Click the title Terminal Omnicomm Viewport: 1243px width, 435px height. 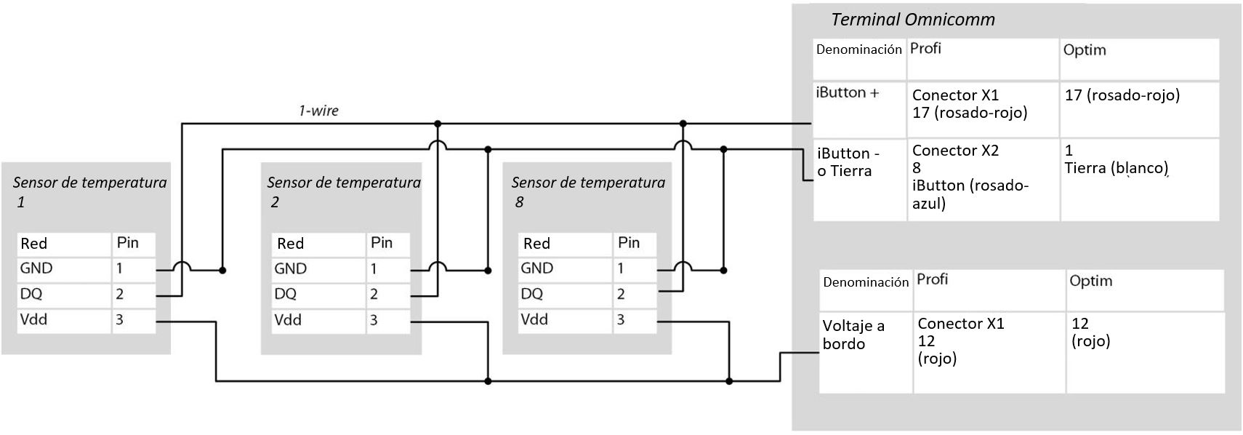[912, 20]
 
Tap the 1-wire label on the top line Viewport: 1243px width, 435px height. [318, 111]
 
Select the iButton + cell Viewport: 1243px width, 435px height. [848, 93]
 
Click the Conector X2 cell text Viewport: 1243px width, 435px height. [955, 151]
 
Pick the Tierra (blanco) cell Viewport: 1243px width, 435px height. [1116, 168]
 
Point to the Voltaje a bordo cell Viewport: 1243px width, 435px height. [853, 335]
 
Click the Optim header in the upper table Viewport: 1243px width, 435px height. [1084, 50]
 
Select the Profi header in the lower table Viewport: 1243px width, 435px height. [932, 279]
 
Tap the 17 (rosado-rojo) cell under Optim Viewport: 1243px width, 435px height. [1122, 95]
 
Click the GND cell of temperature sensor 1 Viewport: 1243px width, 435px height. [36, 268]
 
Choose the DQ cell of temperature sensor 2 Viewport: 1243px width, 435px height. [286, 294]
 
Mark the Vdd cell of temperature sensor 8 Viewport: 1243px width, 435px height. [534, 319]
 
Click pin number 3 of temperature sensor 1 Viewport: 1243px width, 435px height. [120, 319]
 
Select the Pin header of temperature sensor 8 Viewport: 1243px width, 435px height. [628, 243]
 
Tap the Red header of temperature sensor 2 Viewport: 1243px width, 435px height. [290, 244]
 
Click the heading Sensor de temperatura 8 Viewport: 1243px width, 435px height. [587, 191]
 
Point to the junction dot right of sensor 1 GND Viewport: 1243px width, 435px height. [222, 271]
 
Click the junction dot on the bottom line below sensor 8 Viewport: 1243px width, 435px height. [729, 380]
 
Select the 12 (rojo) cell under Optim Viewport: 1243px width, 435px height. [1090, 332]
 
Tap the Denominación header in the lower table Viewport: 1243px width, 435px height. [865, 282]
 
